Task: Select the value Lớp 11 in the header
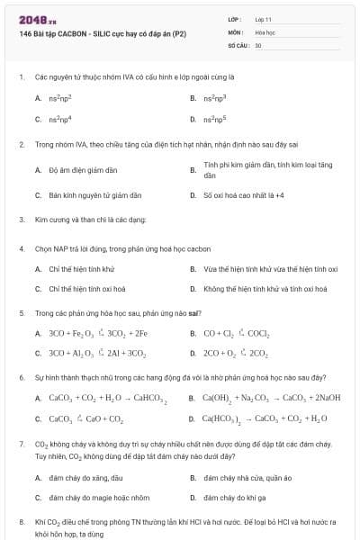263,18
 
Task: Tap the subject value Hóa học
265,31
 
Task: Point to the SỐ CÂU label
238,44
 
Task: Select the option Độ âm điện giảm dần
83,169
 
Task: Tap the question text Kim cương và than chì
90,219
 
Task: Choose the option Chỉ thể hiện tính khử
82,268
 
